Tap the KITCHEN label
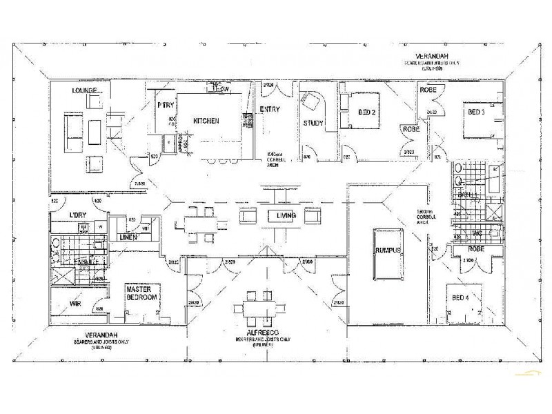(x=206, y=121)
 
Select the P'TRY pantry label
(x=164, y=106)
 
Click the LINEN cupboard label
(x=129, y=238)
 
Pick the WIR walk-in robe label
(x=77, y=303)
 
